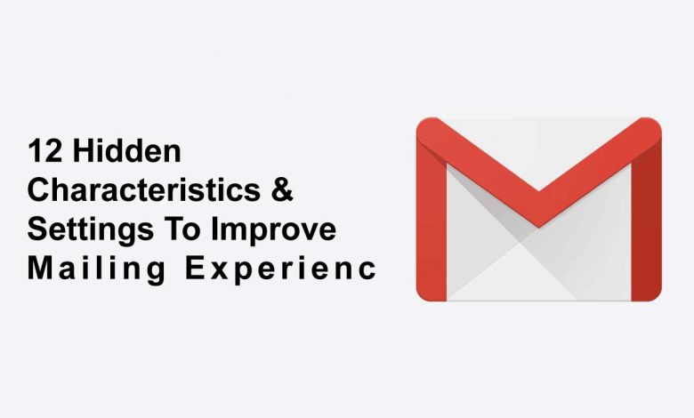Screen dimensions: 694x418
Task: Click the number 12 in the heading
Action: point(44,151)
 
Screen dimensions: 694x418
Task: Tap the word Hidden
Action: point(127,151)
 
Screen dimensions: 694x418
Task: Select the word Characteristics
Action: point(144,189)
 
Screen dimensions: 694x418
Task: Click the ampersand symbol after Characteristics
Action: point(282,189)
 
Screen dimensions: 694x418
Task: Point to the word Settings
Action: point(91,230)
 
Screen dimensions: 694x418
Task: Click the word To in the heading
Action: point(182,229)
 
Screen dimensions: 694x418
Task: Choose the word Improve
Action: point(273,230)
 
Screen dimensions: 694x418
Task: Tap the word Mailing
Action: point(97,269)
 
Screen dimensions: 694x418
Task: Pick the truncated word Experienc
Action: point(280,269)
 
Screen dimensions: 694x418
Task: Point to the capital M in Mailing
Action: point(40,268)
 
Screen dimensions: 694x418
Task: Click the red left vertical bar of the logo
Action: point(432,221)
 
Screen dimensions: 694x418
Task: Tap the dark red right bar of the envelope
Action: point(646,221)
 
